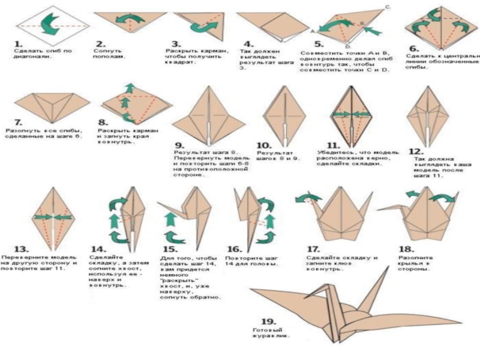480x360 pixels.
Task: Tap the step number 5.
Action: (319, 44)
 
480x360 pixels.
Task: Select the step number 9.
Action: (179, 146)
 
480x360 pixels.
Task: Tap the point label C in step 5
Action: (388, 6)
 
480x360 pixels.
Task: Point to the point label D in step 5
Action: (348, 46)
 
